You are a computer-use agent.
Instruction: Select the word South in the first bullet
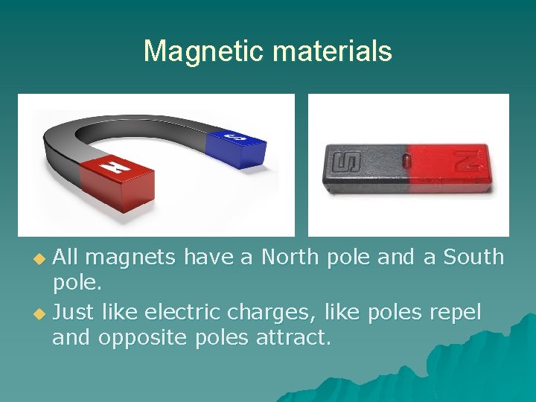click(x=473, y=257)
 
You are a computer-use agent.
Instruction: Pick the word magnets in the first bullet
click(x=130, y=258)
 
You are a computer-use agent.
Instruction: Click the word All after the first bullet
click(x=66, y=257)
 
